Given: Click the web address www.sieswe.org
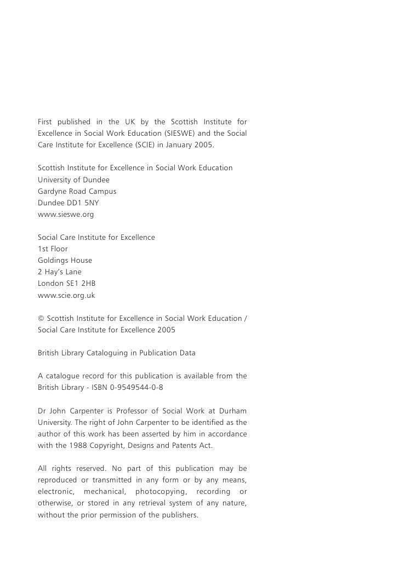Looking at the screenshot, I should point(66,215).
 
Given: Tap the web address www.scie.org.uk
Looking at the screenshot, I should point(66,295).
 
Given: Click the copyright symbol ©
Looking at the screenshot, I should point(41,319).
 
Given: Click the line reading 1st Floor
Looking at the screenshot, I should point(53,249).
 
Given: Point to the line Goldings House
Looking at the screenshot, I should point(65,261).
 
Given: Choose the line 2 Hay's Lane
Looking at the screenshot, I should point(59,272).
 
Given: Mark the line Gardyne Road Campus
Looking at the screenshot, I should point(77,192).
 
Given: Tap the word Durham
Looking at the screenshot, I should point(232,411).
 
